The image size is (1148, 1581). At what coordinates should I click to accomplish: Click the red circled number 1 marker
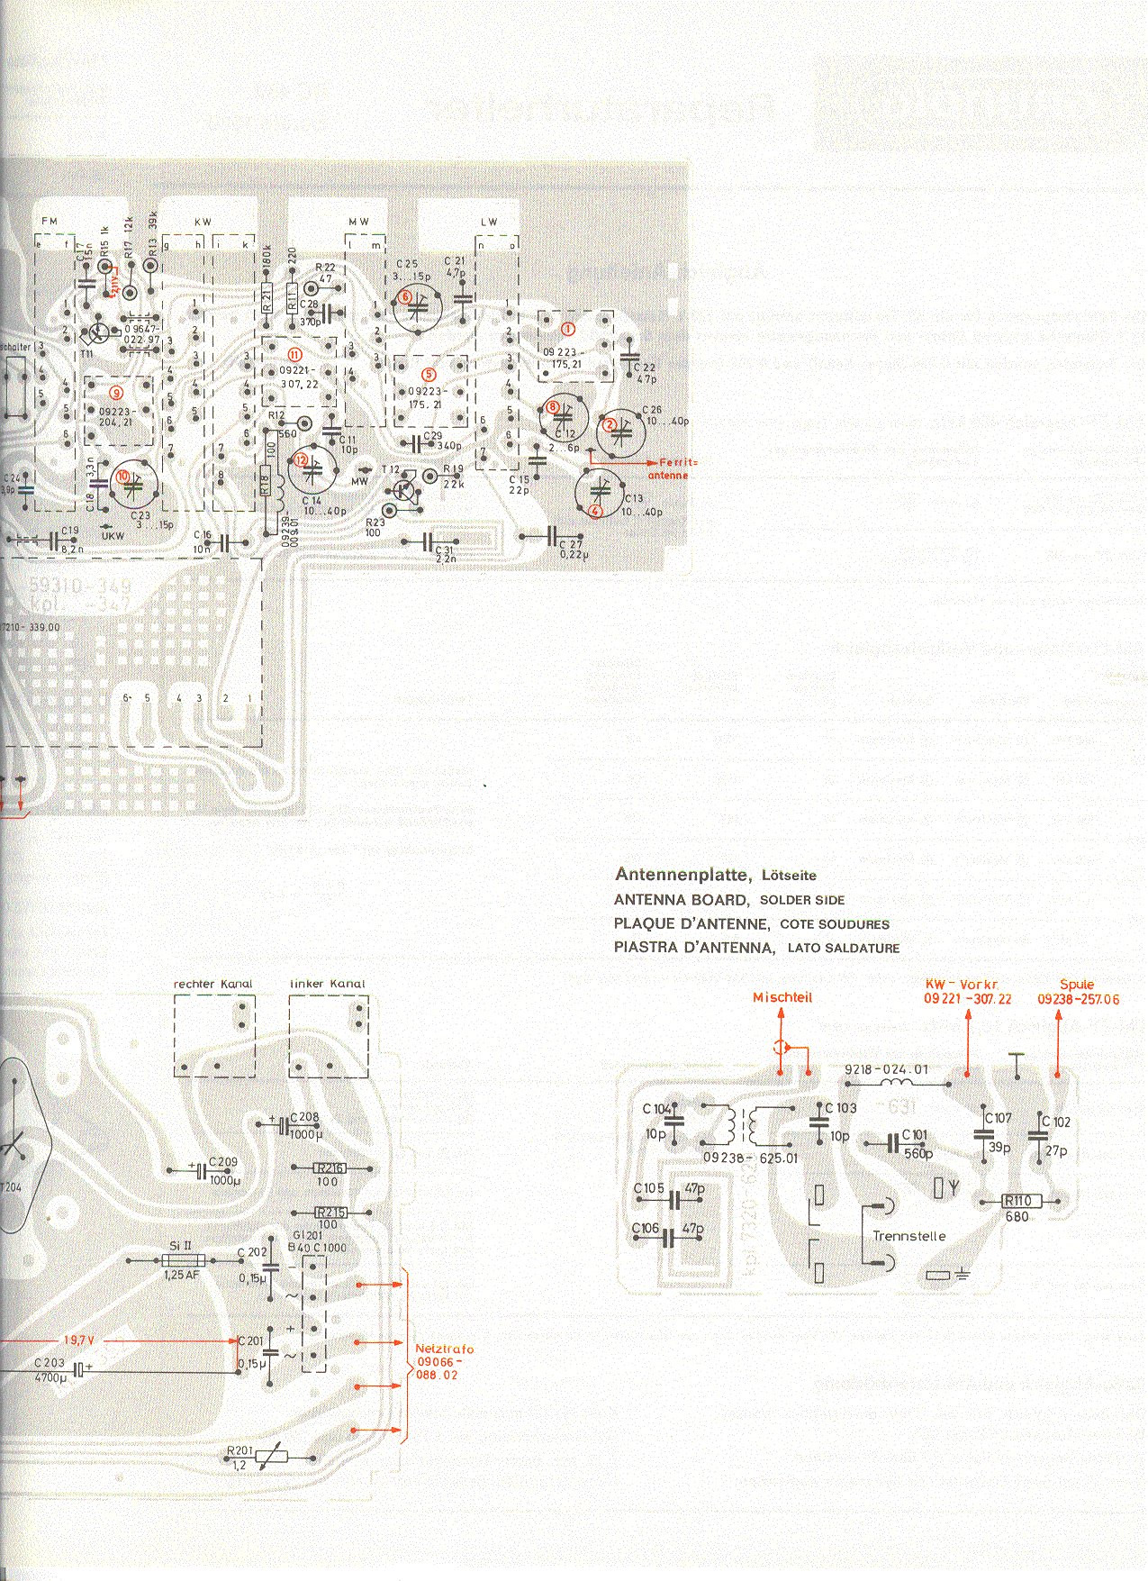(x=568, y=329)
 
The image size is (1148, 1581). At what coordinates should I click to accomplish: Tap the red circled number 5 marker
(x=429, y=373)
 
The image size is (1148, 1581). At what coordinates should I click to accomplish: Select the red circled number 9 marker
(x=114, y=392)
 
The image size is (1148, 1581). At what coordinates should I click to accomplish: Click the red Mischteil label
(x=782, y=997)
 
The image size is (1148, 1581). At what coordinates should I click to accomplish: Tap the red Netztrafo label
(x=444, y=1361)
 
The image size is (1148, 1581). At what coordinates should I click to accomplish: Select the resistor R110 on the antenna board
(x=1022, y=1201)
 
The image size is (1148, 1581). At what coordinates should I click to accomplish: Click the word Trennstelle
(x=909, y=1236)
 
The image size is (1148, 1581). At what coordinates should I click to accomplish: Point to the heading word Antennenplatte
(x=682, y=874)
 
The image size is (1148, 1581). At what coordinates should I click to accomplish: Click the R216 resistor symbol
(x=330, y=1168)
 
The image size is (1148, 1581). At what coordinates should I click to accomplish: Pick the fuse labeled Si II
(x=181, y=1260)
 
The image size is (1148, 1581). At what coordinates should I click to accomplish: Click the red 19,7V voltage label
(x=79, y=1340)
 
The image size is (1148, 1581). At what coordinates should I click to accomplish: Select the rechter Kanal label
(x=213, y=984)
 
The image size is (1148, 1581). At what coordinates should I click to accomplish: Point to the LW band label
(x=489, y=222)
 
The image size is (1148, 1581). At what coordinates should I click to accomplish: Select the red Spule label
(x=1077, y=985)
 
